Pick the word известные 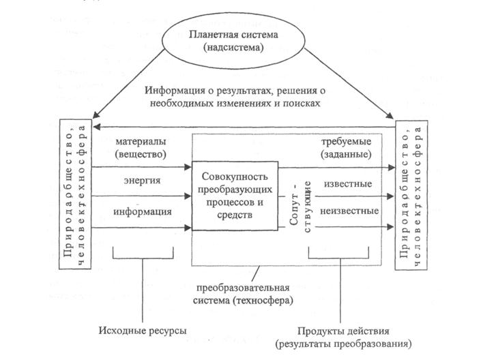[x=348, y=184]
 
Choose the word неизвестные [x=348, y=210]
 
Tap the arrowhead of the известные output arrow [x=391, y=196]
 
